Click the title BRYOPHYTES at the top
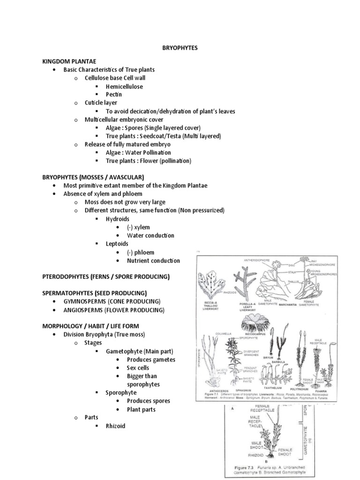[180, 48]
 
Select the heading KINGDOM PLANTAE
[69, 61]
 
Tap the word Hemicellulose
[124, 86]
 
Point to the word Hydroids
[117, 219]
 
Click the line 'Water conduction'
[150, 235]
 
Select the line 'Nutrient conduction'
[153, 261]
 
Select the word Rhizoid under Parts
[115, 426]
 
